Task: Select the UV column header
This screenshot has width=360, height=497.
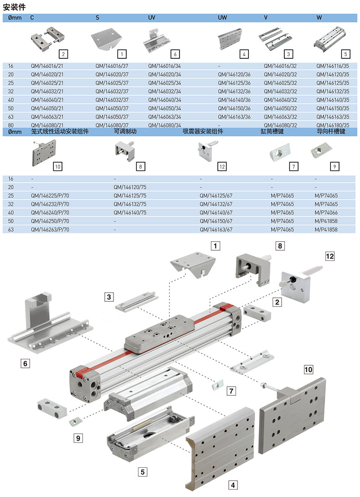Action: pyautogui.click(x=152, y=17)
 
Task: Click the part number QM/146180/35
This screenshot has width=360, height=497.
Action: pyautogui.click(x=333, y=125)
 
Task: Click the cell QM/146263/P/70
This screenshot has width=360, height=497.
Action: pyautogui.click(x=50, y=230)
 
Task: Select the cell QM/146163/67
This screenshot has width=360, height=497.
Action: pyautogui.click(x=216, y=230)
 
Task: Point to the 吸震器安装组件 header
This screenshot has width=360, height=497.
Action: pyautogui.click(x=203, y=132)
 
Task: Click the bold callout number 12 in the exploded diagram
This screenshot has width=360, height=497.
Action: pyautogui.click(x=329, y=256)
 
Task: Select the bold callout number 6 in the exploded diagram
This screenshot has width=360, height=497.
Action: pyautogui.click(x=26, y=363)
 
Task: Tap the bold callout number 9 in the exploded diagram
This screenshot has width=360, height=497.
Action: pyautogui.click(x=78, y=438)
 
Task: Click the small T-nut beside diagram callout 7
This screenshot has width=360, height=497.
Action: pyautogui.click(x=217, y=386)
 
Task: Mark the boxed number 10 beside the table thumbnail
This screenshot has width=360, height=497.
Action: pyautogui.click(x=57, y=166)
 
